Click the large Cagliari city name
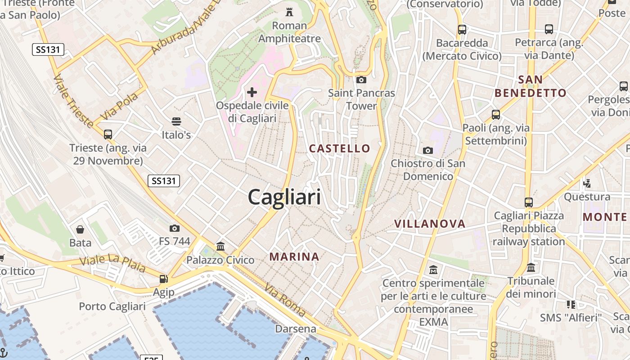[x=284, y=197]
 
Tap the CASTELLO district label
[x=340, y=148]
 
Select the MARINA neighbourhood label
[x=294, y=257]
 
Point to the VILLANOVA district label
[x=430, y=224]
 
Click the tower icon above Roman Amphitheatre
[x=289, y=12]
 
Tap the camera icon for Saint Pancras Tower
[x=361, y=80]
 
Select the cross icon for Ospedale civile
[x=252, y=93]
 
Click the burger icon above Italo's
[x=176, y=121]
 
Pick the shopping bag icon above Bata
[x=80, y=229]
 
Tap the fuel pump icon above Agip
[x=164, y=279]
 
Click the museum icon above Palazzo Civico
[x=220, y=246]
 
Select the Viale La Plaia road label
[x=112, y=264]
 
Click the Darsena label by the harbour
[x=296, y=329]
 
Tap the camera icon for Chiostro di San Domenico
[x=427, y=150]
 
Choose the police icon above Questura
[x=587, y=183]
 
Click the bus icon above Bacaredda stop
[x=462, y=30]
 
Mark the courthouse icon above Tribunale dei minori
[x=531, y=268]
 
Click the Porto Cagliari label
[x=112, y=306]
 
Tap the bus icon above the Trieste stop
[x=108, y=134]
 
